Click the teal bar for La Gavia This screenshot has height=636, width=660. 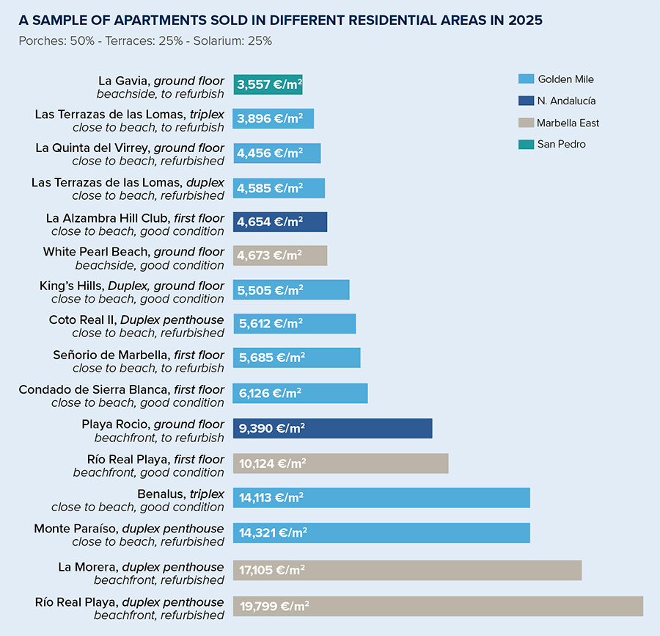pyautogui.click(x=268, y=84)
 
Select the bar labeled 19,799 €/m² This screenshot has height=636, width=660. pyautogui.click(x=438, y=606)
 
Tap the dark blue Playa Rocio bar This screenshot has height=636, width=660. pyautogui.click(x=332, y=428)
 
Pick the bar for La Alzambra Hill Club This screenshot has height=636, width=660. pyautogui.click(x=280, y=222)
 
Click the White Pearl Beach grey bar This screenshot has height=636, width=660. pyautogui.click(x=280, y=256)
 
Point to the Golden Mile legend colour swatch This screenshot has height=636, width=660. pyautogui.click(x=526, y=79)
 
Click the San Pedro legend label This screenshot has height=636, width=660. pyautogui.click(x=561, y=144)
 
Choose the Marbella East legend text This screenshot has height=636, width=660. pyautogui.click(x=568, y=123)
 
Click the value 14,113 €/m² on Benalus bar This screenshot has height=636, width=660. pyautogui.click(x=271, y=497)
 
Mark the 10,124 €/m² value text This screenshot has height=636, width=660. pyautogui.click(x=272, y=463)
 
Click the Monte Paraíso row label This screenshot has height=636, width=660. pyautogui.click(x=129, y=535)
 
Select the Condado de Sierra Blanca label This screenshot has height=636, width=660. pyautogui.click(x=122, y=396)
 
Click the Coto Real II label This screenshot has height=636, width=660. pyautogui.click(x=136, y=326)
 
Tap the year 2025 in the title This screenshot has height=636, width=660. pyautogui.click(x=522, y=21)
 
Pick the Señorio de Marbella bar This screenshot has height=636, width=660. pyautogui.click(x=296, y=358)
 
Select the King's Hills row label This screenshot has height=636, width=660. pyautogui.click(x=132, y=292)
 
